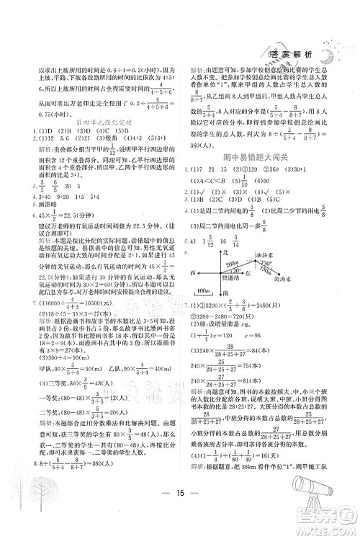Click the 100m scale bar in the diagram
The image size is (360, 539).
[204, 291]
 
